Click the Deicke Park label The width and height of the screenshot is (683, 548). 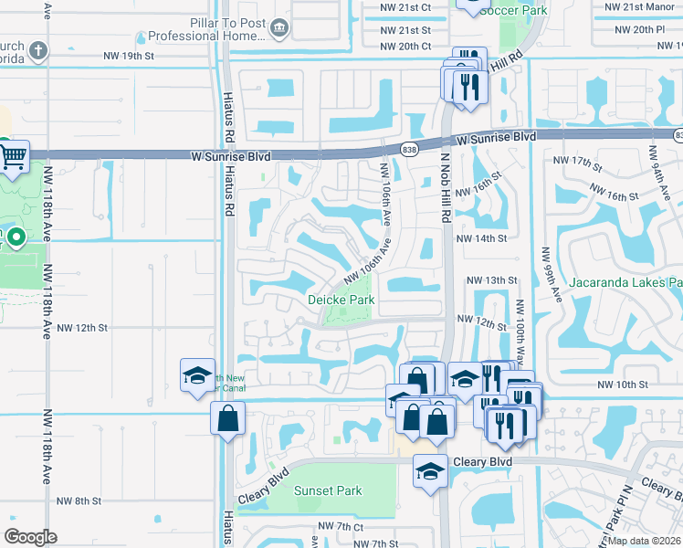(x=341, y=300)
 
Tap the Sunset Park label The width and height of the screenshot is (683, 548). (x=328, y=490)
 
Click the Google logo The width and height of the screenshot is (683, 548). (x=31, y=537)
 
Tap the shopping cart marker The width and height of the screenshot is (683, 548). (x=12, y=157)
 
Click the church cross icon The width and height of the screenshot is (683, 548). (x=37, y=49)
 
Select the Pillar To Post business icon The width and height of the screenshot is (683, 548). (x=278, y=29)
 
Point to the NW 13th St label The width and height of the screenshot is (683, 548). (x=492, y=280)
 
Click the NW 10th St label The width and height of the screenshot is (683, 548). (x=615, y=385)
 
